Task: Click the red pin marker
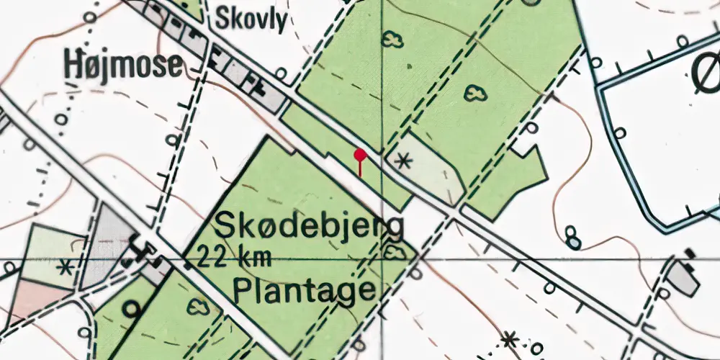coord(360,155)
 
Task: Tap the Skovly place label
coord(251,19)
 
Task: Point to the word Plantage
coord(304,290)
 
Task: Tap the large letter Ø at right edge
coord(706,72)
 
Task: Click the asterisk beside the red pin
coord(404,161)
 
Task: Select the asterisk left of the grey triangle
coord(66,268)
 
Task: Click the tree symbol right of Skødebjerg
coord(393,252)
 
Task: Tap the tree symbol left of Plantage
coord(198,306)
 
